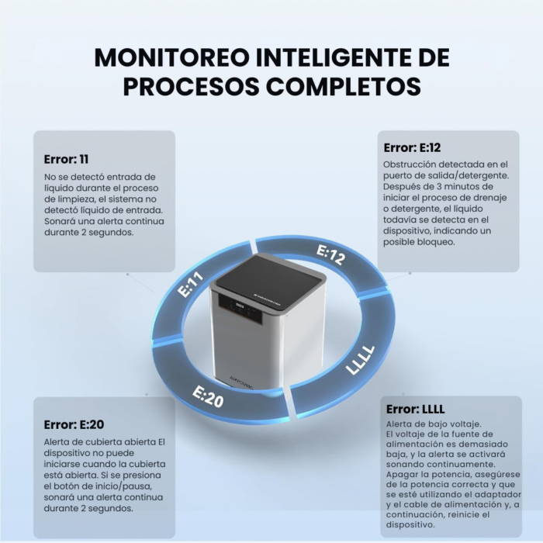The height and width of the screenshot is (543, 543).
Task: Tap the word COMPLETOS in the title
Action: [344, 86]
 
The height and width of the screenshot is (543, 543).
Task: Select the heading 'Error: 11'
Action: [66, 159]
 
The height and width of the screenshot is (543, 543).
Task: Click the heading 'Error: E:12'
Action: [412, 147]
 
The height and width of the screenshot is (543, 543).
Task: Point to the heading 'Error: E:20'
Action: [74, 424]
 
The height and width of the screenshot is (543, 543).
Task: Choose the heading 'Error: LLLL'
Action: [415, 409]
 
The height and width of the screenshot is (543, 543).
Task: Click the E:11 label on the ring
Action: [191, 284]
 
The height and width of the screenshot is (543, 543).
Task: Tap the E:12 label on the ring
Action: [330, 254]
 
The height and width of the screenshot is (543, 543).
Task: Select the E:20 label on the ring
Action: [208, 396]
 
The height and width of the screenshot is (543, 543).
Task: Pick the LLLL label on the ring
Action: [360, 360]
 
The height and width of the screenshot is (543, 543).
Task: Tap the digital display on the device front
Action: [240, 306]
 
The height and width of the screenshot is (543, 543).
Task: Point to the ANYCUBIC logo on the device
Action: [241, 382]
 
